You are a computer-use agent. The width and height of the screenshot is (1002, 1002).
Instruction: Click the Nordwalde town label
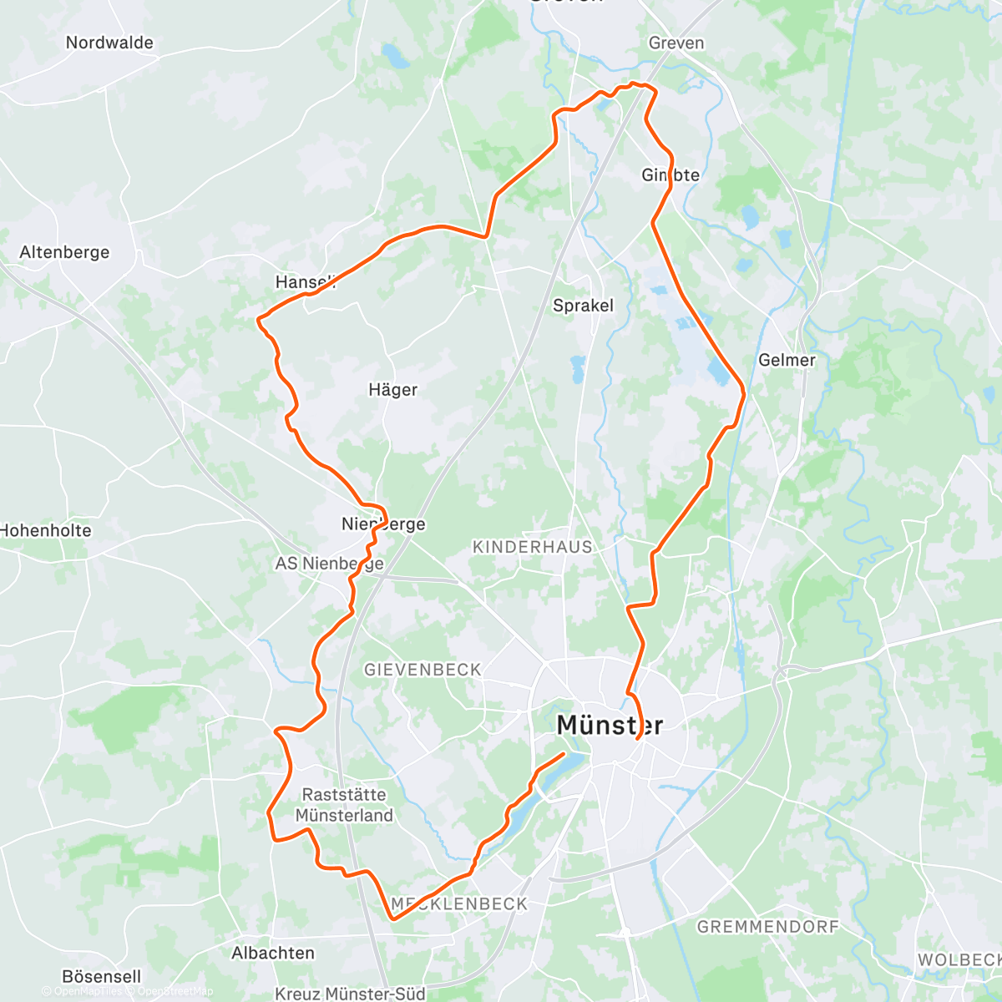pyautogui.click(x=109, y=43)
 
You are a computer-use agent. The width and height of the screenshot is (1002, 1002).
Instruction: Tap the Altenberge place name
pyautogui.click(x=64, y=252)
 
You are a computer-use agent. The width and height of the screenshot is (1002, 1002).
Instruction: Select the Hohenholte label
pyautogui.click(x=46, y=530)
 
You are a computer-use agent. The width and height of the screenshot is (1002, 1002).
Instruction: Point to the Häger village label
pyautogui.click(x=392, y=390)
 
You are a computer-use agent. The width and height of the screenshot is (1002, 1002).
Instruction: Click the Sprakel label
pyautogui.click(x=583, y=306)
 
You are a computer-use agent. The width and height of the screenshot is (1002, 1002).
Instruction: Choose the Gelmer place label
pyautogui.click(x=787, y=360)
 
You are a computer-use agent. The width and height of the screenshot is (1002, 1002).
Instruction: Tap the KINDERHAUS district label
pyautogui.click(x=533, y=547)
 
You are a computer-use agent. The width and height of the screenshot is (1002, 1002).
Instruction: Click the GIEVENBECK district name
pyautogui.click(x=423, y=670)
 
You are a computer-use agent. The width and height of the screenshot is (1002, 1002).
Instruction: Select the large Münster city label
pyautogui.click(x=610, y=725)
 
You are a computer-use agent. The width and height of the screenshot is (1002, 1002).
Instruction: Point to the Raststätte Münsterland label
pyautogui.click(x=344, y=805)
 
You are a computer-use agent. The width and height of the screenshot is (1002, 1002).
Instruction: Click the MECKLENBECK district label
pyautogui.click(x=460, y=903)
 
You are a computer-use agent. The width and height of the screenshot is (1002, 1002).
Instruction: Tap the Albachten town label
pyautogui.click(x=273, y=953)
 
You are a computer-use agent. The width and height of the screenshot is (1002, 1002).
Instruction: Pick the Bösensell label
pyautogui.click(x=102, y=976)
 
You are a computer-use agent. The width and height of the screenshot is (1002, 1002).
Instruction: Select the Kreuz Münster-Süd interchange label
pyautogui.click(x=350, y=994)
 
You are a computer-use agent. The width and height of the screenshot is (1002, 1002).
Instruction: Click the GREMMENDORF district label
pyautogui.click(x=767, y=927)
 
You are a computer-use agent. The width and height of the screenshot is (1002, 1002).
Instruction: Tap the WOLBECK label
pyautogui.click(x=959, y=960)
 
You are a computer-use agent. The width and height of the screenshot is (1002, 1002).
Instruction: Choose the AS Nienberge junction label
pyautogui.click(x=329, y=564)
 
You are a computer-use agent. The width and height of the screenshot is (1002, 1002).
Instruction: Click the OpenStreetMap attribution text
pyautogui.click(x=175, y=991)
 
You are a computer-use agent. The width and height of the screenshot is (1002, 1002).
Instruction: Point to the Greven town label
pyautogui.click(x=676, y=43)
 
